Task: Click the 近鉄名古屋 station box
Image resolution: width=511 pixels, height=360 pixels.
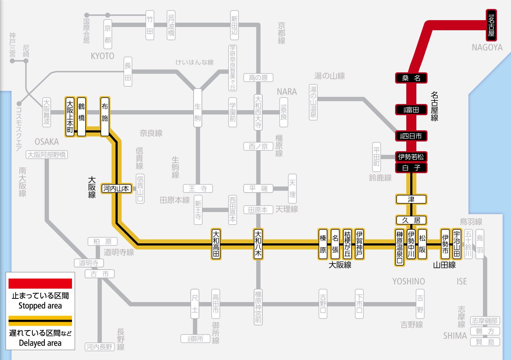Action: coord(491,25)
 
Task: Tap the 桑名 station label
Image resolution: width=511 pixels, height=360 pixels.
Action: coord(411,78)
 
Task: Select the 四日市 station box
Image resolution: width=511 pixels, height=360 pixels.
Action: coord(411,136)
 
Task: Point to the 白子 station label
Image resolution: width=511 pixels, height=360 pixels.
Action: coord(411,168)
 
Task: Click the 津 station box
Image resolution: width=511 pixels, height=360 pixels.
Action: coord(411,199)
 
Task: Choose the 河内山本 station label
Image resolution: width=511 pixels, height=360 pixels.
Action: coord(116,188)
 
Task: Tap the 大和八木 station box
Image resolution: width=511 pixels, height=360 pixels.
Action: coord(258,244)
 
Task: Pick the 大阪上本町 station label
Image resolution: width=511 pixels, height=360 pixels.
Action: coord(70,117)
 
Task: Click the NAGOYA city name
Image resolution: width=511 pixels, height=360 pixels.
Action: coord(487,48)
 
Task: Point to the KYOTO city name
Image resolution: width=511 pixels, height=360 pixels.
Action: coord(103,56)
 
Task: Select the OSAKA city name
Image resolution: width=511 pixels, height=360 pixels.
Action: coord(47,141)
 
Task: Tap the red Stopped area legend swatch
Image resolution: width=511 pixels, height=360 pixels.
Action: coord(40,284)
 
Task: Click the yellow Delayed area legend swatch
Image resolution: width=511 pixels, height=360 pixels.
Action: coord(40,321)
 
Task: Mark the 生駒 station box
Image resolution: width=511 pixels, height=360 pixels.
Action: coord(198,112)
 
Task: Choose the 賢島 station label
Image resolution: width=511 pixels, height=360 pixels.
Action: coord(485,342)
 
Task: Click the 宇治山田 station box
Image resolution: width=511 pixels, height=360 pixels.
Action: coord(457,244)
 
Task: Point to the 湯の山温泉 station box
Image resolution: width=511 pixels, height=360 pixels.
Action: coord(313,102)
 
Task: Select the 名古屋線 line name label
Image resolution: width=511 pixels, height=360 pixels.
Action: coord(434,106)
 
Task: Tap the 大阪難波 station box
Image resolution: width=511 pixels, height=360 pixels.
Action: coord(46,112)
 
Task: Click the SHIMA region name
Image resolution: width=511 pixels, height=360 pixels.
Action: coord(455,336)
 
